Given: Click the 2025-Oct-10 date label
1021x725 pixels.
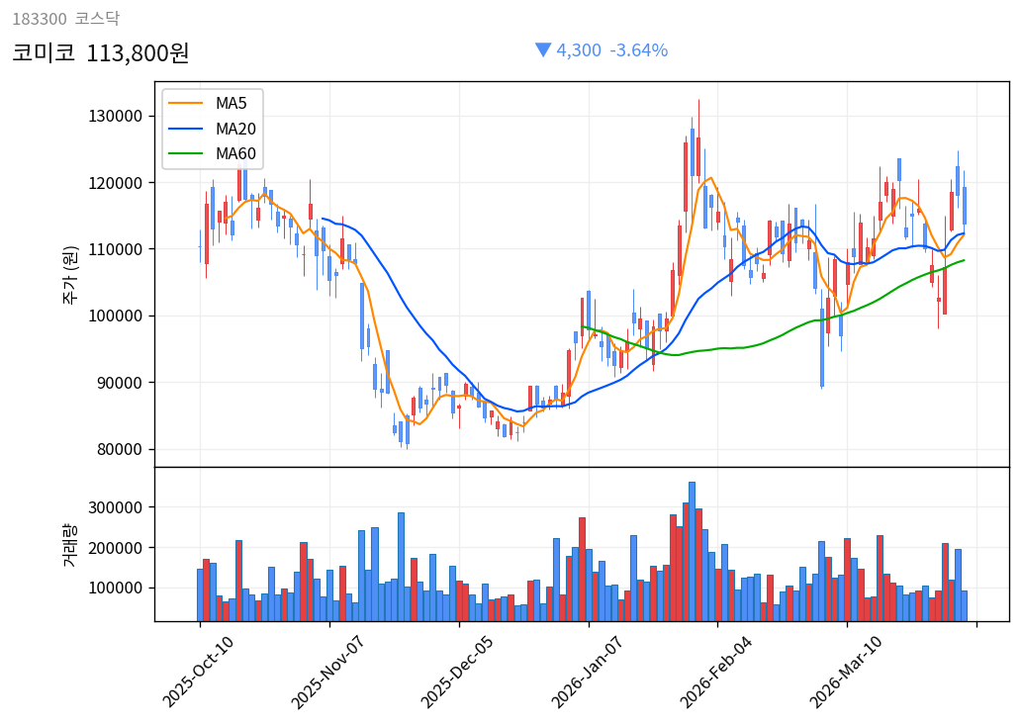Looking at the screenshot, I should tap(199, 672).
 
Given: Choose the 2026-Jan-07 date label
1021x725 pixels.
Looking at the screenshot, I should tap(588, 672).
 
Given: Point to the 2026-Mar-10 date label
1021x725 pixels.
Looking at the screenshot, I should tap(847, 672).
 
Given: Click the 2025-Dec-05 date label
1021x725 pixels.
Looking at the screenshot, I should tap(458, 672).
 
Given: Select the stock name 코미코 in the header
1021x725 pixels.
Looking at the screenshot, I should tap(44, 52).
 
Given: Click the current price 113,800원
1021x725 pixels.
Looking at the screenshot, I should tap(138, 52).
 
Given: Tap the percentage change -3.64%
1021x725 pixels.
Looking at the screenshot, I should tap(638, 50).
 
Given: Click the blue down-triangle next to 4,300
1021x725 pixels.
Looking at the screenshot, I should tap(543, 49).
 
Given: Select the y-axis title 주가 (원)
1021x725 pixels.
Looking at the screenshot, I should tap(71, 274).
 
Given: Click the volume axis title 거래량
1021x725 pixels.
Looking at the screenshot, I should tap(71, 544).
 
